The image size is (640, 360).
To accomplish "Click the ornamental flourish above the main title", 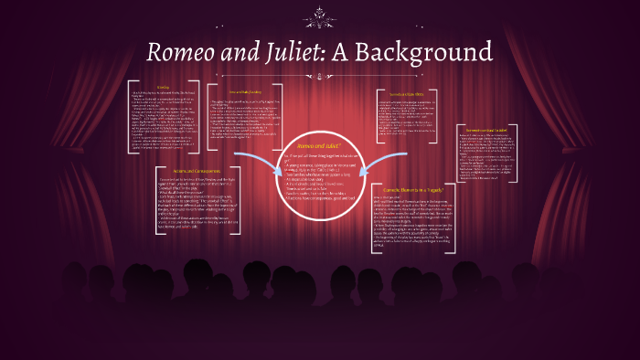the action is point(320,14).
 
